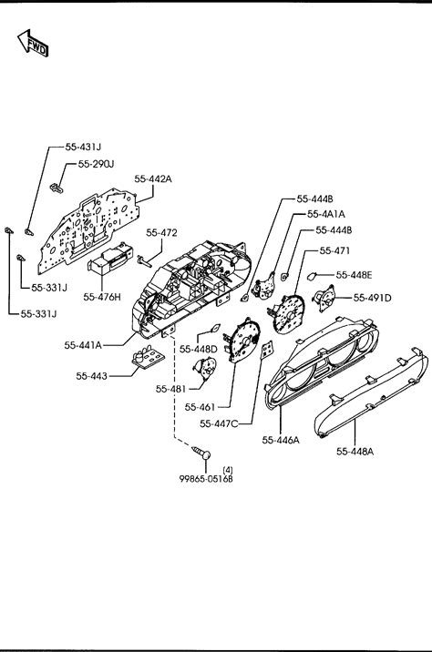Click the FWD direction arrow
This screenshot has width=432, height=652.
34,43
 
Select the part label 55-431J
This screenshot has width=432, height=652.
83,147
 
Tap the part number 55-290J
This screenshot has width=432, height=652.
96,164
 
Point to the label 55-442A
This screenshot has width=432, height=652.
153,178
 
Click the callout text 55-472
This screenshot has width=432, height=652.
161,233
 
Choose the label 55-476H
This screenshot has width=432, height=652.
102,297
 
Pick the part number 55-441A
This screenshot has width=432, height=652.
83,345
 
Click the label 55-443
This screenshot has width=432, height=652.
91,376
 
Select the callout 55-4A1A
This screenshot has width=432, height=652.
326,214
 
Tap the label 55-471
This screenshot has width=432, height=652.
334,250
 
